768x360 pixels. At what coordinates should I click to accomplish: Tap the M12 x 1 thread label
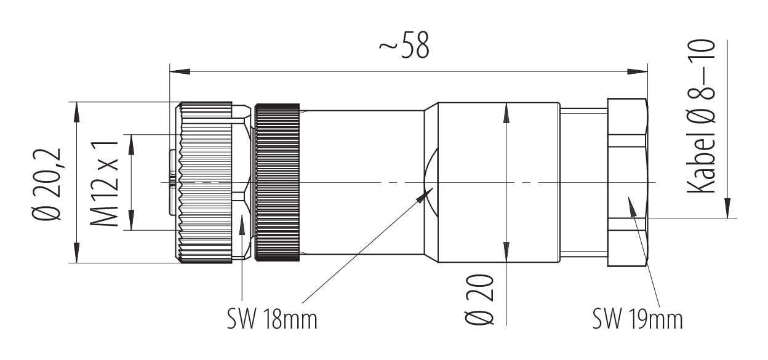(x=104, y=182)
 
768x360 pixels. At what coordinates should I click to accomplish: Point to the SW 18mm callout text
(x=271, y=319)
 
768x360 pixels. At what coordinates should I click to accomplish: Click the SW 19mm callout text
(x=638, y=319)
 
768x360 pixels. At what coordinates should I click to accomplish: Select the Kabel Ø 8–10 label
(x=701, y=117)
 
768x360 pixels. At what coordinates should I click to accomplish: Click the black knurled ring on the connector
(x=278, y=183)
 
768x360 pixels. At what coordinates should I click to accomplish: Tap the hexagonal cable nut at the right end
(x=628, y=182)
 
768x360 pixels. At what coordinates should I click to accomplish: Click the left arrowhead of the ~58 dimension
(x=178, y=72)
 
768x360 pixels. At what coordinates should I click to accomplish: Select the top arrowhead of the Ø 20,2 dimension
(x=76, y=110)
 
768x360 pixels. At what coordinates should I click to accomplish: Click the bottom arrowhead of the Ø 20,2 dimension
(x=76, y=255)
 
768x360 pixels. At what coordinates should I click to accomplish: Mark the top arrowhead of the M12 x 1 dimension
(x=131, y=143)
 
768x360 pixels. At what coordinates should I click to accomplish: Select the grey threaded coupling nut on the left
(x=206, y=183)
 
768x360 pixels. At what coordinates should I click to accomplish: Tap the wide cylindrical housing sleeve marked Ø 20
(x=492, y=183)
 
